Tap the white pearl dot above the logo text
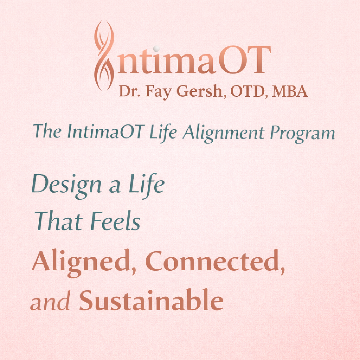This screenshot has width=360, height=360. tap(157, 48)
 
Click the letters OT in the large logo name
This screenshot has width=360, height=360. tap(244, 60)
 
